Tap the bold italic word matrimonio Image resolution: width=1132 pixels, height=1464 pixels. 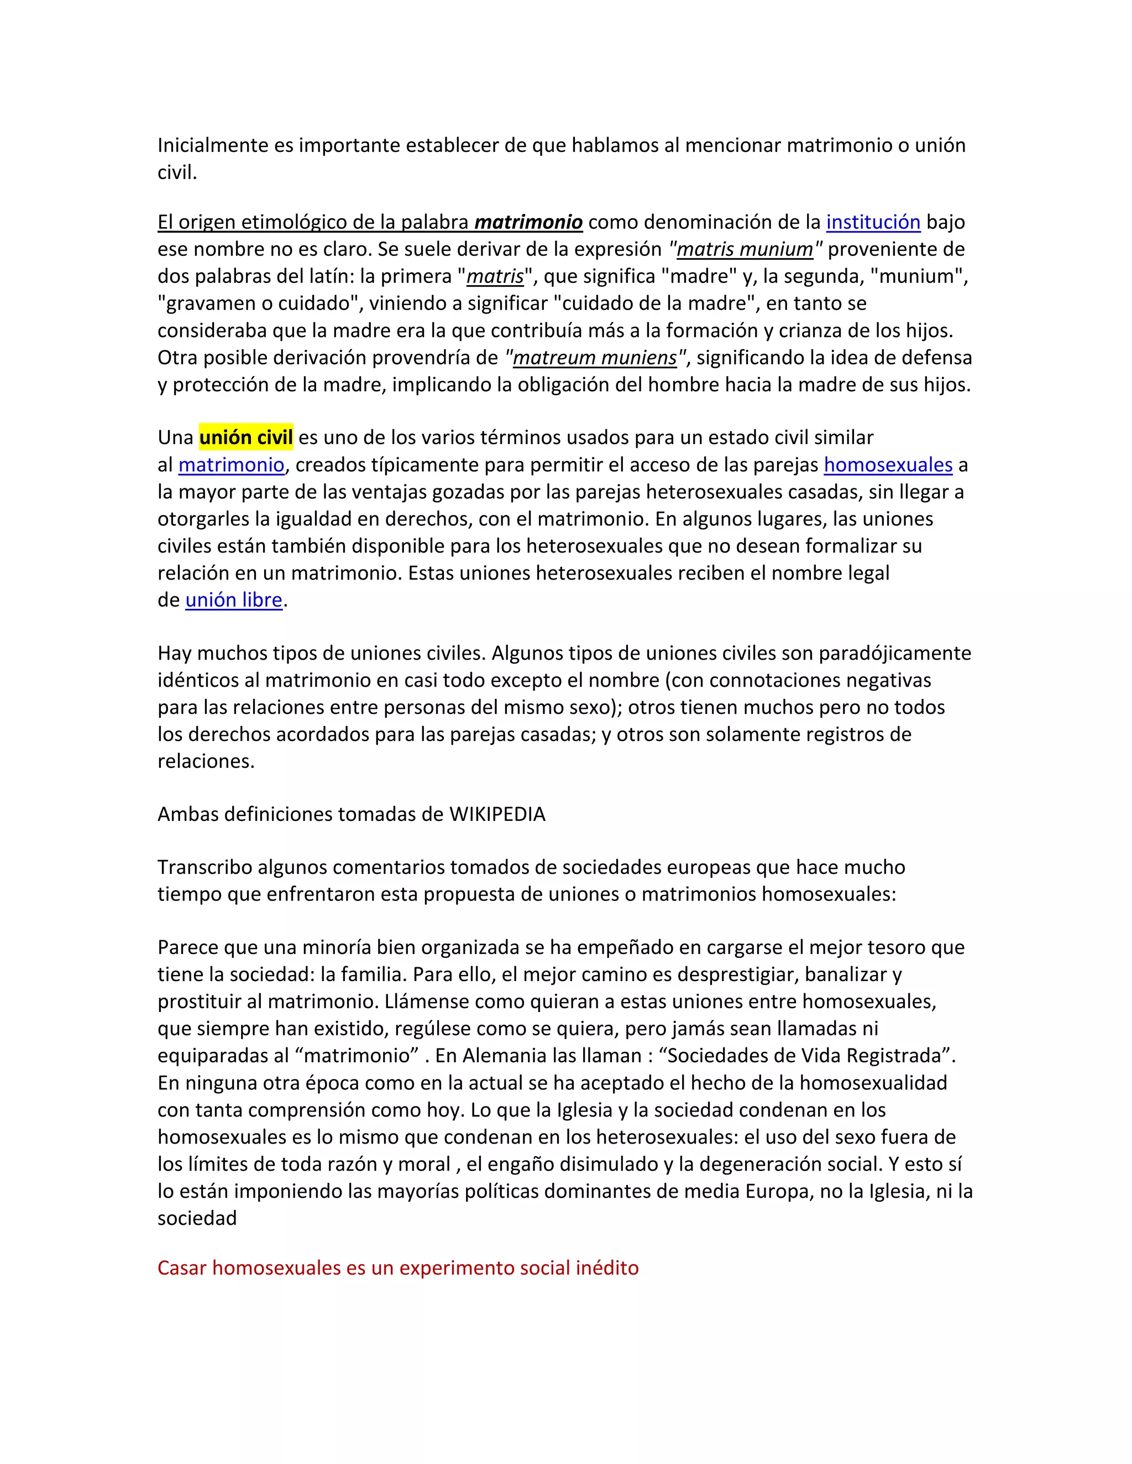(528, 222)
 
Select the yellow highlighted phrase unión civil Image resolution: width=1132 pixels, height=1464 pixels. (246, 438)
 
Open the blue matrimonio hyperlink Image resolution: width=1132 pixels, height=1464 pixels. (232, 465)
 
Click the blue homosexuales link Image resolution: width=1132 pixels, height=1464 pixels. (888, 465)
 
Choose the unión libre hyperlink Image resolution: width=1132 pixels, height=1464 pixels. (233, 600)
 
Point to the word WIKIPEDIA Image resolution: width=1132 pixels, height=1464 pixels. (497, 814)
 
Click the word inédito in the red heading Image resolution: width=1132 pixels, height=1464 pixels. (607, 1267)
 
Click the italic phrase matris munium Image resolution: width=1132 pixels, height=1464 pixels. (745, 249)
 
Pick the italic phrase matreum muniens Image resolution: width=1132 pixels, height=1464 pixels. (595, 358)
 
